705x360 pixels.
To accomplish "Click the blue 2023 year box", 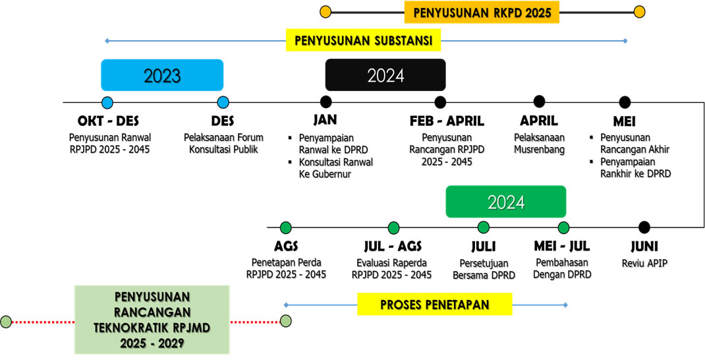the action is point(162,75).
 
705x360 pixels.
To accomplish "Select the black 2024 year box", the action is point(385,75).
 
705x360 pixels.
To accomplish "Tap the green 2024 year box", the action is point(506,202).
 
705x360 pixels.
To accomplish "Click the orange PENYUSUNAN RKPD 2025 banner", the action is point(482,12).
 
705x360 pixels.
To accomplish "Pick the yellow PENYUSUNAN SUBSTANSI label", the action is point(363,40).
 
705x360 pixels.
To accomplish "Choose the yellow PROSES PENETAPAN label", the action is point(434,305).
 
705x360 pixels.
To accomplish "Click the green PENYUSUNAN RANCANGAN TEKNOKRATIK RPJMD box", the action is point(152,320).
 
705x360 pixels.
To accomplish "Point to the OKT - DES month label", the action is point(108,121).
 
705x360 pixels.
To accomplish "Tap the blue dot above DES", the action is point(223,102).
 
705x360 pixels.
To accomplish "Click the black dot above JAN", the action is point(325,102).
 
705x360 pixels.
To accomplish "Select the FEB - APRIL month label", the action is point(447,121).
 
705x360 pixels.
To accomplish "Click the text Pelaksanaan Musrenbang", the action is point(539,144).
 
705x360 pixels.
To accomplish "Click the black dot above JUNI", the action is point(644,227).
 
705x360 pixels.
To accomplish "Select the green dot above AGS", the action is point(285,227).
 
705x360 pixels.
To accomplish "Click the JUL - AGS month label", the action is point(393,247).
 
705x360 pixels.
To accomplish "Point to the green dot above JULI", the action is point(484,227).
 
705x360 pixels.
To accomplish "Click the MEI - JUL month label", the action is point(561,247).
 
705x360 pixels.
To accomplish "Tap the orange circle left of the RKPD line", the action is point(325,12).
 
